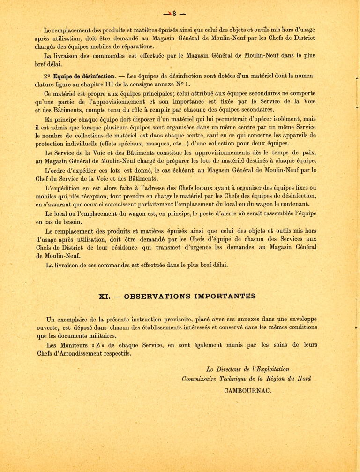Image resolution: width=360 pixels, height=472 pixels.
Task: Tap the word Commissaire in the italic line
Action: (201, 379)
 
